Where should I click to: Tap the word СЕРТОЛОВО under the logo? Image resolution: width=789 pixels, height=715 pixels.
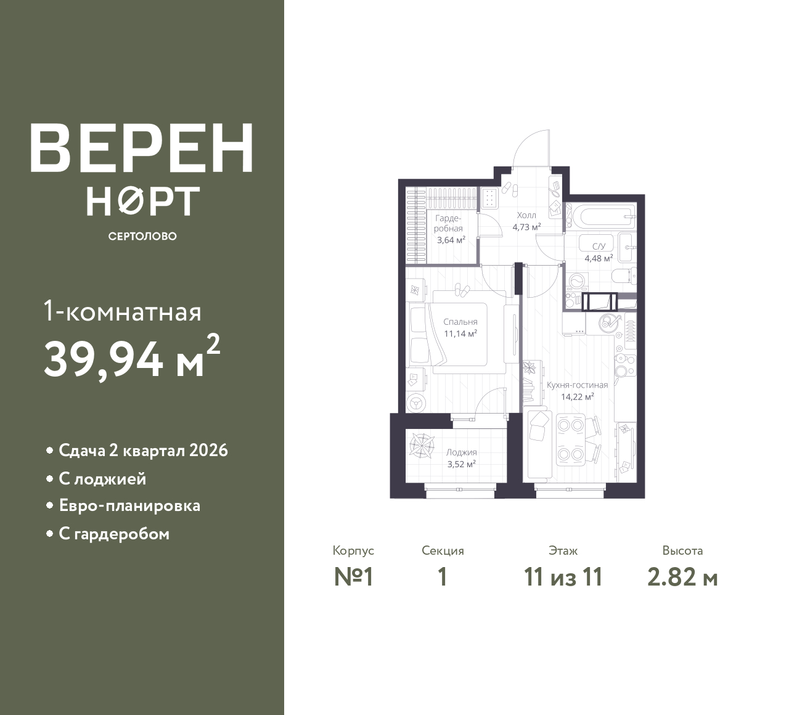coord(142,236)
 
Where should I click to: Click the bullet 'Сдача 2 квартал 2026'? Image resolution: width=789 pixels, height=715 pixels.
coord(143,451)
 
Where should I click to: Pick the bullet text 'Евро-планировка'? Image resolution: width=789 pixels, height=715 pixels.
coord(129,506)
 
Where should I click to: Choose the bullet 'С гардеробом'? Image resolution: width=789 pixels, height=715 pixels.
coord(114,534)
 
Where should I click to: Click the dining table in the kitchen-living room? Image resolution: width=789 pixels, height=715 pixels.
coord(570,439)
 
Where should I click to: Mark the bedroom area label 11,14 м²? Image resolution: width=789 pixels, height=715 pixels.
coord(460,333)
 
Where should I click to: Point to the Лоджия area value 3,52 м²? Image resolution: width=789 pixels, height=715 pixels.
coord(461,464)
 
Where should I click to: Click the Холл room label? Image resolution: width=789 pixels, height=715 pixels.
coord(526,216)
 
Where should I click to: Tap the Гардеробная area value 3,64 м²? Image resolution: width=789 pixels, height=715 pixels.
coord(451,240)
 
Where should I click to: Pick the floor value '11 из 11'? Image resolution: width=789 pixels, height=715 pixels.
coord(563,578)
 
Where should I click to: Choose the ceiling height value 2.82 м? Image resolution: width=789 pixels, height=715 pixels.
coord(682,578)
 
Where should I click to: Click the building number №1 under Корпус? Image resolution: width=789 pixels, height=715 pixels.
coord(354,578)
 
